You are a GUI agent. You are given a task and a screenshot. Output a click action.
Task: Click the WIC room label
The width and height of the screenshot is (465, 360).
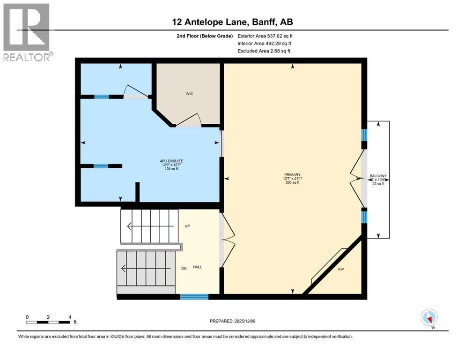(189, 94)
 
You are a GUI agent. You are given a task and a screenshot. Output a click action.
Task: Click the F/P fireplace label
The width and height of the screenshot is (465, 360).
(340, 270)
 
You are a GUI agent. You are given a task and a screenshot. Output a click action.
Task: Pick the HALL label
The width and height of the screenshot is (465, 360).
(198, 267)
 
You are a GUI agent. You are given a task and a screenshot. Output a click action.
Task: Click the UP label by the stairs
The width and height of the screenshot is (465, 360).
(187, 226)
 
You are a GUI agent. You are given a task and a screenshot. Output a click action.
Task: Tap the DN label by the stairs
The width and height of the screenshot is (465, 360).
(185, 268)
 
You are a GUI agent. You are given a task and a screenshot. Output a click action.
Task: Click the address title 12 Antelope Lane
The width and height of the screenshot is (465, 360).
(232, 22)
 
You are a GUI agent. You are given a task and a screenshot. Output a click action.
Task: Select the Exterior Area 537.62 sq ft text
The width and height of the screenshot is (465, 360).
(266, 36)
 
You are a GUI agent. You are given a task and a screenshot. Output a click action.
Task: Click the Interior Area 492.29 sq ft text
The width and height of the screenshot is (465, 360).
(265, 43)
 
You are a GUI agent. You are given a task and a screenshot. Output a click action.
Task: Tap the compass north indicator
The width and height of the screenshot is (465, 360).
(429, 318)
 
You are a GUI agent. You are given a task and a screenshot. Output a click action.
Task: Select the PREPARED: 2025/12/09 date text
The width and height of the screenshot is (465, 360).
(232, 321)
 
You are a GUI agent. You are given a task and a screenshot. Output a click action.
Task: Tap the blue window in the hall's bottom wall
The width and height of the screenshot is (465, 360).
(194, 296)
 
